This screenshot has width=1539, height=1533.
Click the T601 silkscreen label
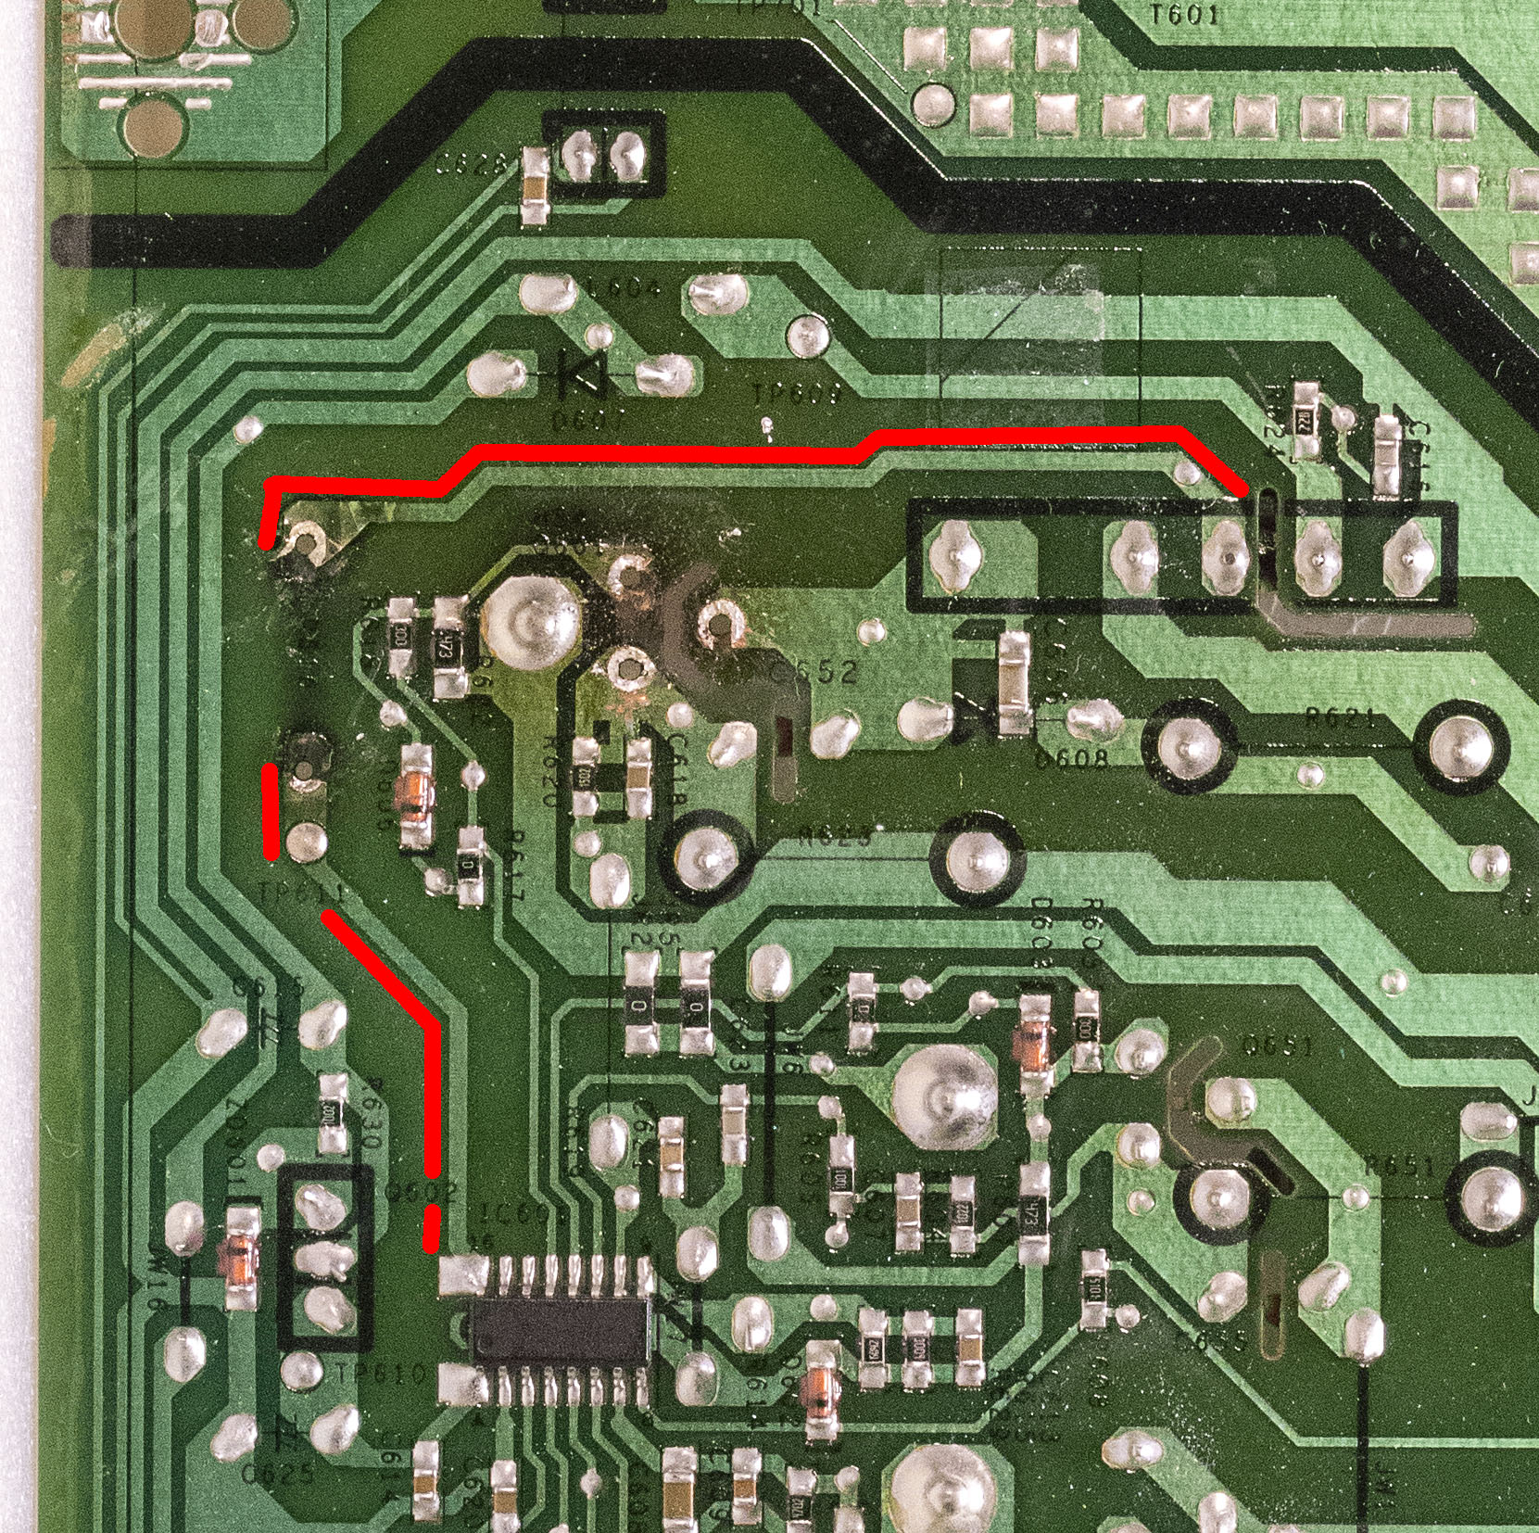[x=1183, y=14]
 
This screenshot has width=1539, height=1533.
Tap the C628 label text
[x=474, y=165]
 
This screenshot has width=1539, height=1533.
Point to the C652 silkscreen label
[x=814, y=671]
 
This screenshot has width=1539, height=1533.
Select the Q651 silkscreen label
[x=1277, y=1047]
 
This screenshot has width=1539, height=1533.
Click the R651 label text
[x=1399, y=1165]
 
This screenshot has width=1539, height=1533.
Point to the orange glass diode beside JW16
[x=240, y=1258]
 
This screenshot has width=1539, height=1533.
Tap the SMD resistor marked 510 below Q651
[x=1094, y=1288]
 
